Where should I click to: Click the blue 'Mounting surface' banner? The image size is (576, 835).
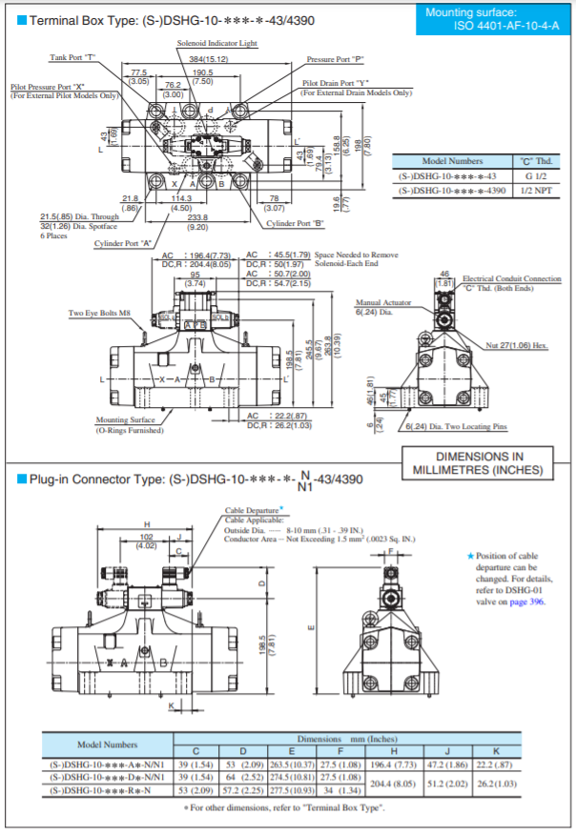tap(495, 19)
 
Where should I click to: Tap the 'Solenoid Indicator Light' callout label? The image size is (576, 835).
tap(217, 44)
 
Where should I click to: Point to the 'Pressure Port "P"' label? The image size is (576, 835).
tap(336, 59)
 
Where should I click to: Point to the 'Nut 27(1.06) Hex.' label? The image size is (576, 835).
tap(516, 344)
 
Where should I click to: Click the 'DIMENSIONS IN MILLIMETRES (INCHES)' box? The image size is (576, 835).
tap(481, 463)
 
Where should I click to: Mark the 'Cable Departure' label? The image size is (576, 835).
tap(254, 510)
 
